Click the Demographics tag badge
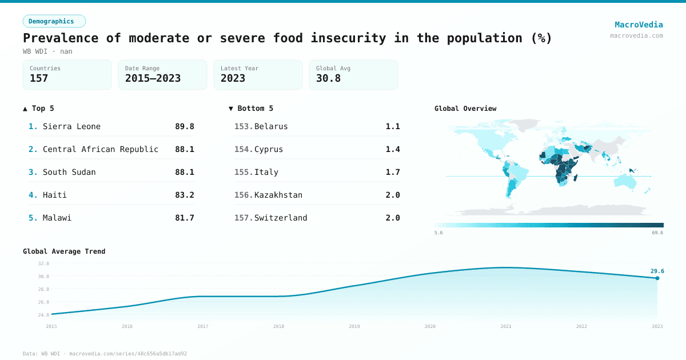click(54, 21)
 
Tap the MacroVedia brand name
click(639, 25)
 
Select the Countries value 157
click(39, 79)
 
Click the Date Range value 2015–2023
click(153, 79)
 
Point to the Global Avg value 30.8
click(328, 79)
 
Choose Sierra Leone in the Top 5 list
click(71, 126)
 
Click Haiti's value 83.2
click(184, 195)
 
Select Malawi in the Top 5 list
click(57, 218)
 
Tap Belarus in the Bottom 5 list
click(271, 126)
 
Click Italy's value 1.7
click(393, 172)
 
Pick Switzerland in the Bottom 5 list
click(281, 218)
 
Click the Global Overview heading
click(465, 109)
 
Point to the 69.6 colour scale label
click(657, 233)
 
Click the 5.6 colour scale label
click(438, 233)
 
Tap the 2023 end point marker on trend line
click(657, 278)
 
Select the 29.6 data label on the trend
click(657, 271)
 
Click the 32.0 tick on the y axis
click(43, 263)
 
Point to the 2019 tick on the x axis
click(354, 326)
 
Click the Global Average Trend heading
click(64, 251)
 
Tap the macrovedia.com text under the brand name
click(636, 35)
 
